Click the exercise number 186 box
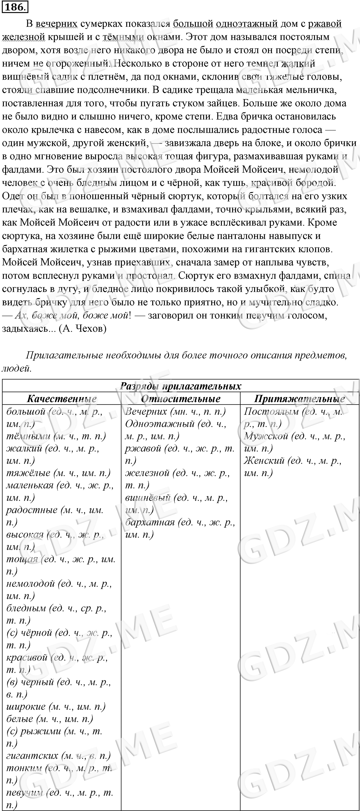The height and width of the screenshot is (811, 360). [15, 7]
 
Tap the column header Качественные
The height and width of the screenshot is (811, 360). [62, 399]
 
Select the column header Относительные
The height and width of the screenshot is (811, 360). [180, 399]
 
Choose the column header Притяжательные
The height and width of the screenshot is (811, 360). [299, 399]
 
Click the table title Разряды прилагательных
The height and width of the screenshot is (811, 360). [180, 386]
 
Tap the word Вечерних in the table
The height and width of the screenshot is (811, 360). [146, 412]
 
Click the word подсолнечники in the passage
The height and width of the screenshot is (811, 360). [115, 90]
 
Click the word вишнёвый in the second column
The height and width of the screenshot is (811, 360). [148, 498]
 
